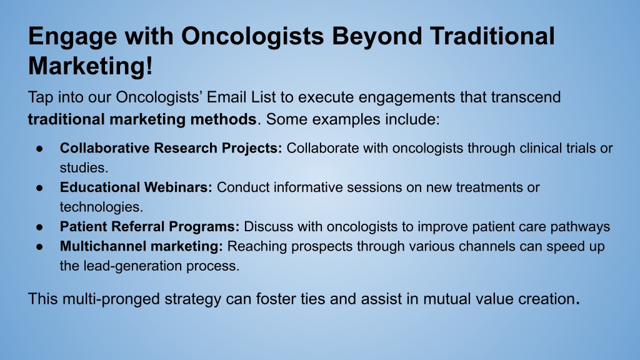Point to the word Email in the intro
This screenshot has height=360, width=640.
click(x=226, y=97)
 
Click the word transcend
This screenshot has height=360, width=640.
click(x=526, y=97)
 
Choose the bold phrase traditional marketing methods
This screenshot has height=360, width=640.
click(x=142, y=119)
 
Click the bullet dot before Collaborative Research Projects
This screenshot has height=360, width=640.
click(x=39, y=149)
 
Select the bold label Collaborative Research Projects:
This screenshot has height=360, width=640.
click(x=171, y=148)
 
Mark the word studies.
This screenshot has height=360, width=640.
click(x=84, y=167)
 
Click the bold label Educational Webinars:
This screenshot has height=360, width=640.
click(x=136, y=187)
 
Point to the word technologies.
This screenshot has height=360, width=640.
click(x=102, y=207)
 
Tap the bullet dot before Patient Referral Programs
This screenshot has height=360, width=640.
click(x=39, y=227)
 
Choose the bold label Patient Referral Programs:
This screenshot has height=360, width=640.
click(x=150, y=226)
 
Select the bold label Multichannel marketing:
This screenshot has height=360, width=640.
click(x=141, y=246)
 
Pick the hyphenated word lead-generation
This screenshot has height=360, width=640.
click(x=133, y=266)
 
